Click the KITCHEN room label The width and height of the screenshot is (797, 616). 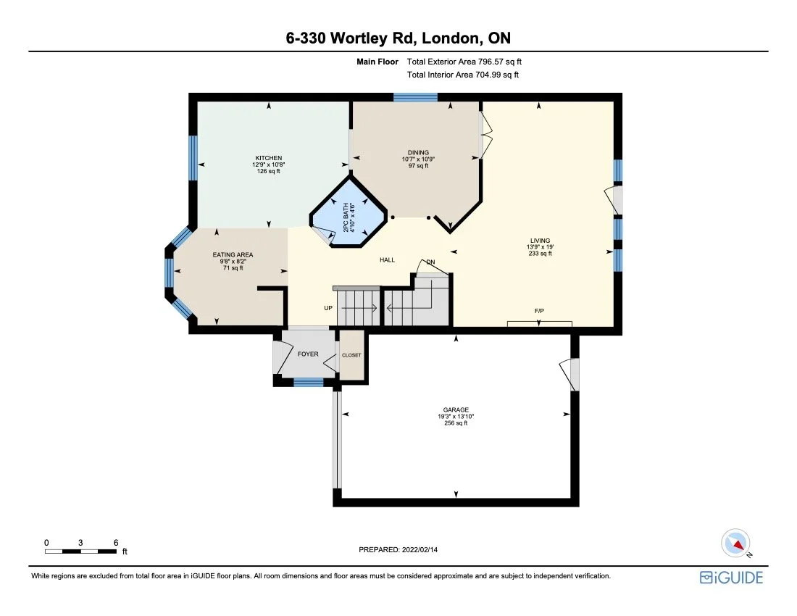pos(268,158)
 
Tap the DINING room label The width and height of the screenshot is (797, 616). pos(418,152)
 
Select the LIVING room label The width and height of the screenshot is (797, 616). pos(540,241)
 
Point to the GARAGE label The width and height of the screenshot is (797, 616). pos(456,410)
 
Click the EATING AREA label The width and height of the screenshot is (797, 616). pos(233,255)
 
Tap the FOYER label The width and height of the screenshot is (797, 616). pos(308,354)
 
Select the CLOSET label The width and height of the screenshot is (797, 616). pos(351,355)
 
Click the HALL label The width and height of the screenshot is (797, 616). pos(387,260)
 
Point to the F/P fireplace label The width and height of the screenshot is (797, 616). pos(539,311)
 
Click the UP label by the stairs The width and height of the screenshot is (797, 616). pos(328,308)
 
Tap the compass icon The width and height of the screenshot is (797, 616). pos(736,544)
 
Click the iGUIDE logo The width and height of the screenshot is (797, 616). pos(731,578)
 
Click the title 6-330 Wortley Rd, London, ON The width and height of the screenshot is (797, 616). pos(398,38)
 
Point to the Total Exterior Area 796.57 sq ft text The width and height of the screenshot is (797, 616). pos(464,62)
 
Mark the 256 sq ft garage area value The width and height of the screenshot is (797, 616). pos(456,423)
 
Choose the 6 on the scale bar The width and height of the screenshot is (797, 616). pos(116,542)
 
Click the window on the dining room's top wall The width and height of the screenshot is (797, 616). pos(415,97)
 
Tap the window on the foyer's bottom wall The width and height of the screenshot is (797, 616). pos(308,382)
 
